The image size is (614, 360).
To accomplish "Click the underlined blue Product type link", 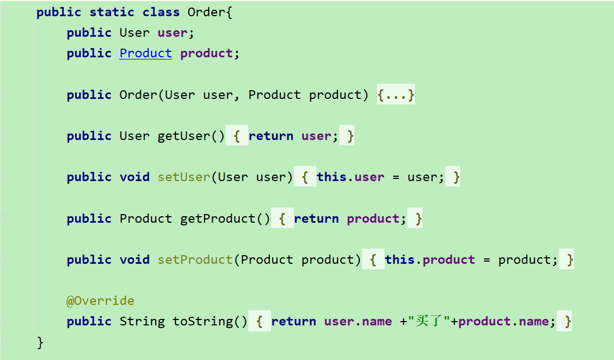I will pos(146,54).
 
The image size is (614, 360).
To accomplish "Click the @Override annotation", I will pos(100,301).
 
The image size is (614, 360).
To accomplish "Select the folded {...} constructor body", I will pos(396,95).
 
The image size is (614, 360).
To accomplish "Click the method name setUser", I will pos(183,177).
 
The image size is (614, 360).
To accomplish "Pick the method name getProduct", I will pos(217,219).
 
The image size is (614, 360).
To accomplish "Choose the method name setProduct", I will pos(195,260).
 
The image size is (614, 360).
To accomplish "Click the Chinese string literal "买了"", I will pos(429,322).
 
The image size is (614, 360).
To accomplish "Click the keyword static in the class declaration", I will pos(112,12).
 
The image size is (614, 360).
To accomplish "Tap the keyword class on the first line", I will pos(161,12).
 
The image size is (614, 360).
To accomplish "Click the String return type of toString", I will pos(142,322).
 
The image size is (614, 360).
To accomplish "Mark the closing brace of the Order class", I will pos(40,342).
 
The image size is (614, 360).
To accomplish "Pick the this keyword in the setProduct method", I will pos(399,260).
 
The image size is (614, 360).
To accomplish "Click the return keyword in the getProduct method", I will pos(316,219).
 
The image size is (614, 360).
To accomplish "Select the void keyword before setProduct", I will pos(134,260).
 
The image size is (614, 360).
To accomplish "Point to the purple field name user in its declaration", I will pos(172,33).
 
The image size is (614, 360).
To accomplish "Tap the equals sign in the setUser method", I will pos(397,177).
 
